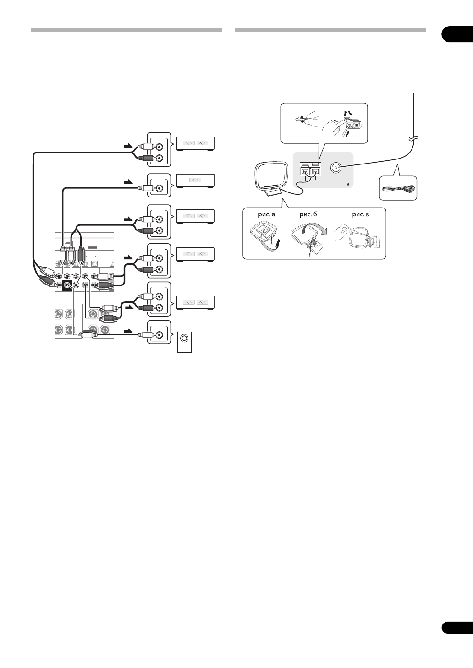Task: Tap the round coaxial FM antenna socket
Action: [336, 167]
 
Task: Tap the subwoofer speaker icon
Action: [184, 339]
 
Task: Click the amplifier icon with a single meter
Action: [195, 181]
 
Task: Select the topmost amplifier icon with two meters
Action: [195, 143]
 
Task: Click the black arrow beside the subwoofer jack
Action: [130, 330]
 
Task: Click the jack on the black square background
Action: [67, 285]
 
